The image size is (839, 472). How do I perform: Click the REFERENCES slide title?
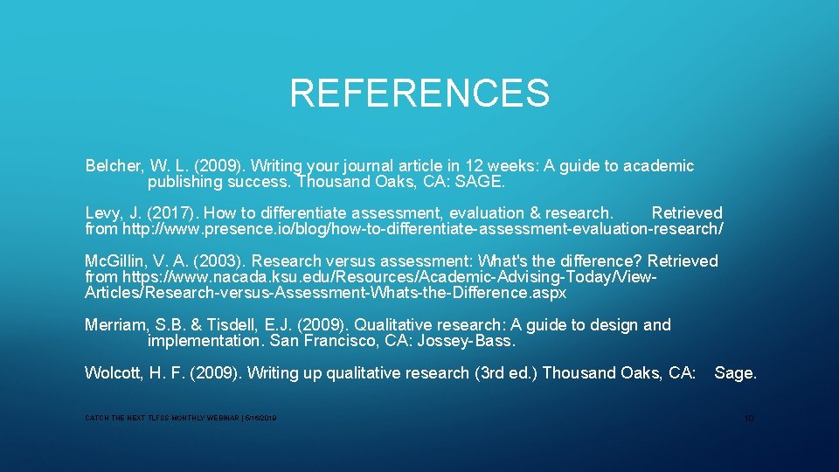tap(419, 93)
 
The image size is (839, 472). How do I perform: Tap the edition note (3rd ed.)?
tap(506, 373)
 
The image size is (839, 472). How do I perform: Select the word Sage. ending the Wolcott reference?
tap(735, 373)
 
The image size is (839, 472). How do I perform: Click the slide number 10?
tap(748, 419)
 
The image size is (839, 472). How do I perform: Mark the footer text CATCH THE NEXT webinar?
tap(180, 420)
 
